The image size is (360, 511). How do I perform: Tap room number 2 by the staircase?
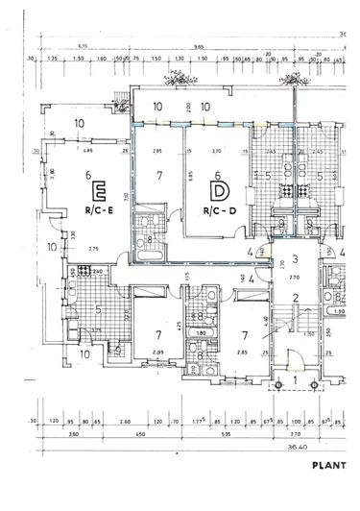click(x=297, y=298)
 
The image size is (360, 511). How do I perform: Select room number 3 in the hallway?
click(x=297, y=258)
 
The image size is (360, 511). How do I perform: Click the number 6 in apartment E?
click(x=87, y=175)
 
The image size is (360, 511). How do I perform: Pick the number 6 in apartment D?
click(x=218, y=176)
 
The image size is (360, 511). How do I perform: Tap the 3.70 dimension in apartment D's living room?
click(x=218, y=151)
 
